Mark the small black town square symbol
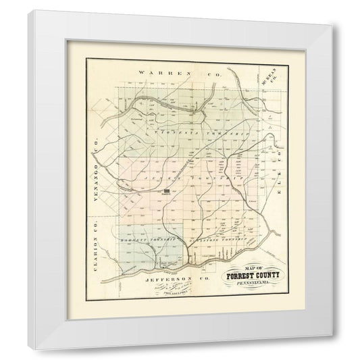(x=167, y=192)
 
